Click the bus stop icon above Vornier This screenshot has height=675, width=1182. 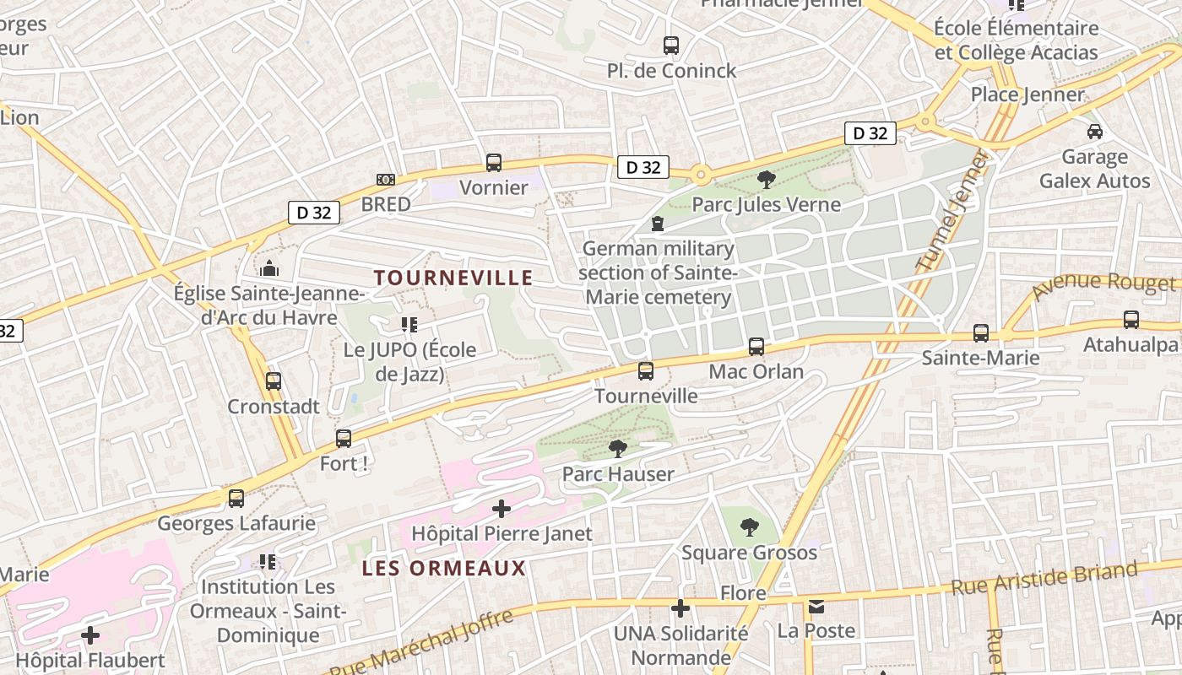(494, 163)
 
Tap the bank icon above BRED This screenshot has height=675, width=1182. (386, 180)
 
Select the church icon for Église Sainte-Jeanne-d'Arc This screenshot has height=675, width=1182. (269, 269)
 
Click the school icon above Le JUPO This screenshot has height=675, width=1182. (409, 325)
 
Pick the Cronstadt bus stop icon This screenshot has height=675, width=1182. (274, 381)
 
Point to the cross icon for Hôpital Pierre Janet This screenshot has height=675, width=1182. (502, 509)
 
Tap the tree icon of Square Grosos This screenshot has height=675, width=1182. (749, 528)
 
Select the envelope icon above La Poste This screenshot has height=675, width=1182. (816, 607)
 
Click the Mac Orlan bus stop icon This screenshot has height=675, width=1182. (756, 347)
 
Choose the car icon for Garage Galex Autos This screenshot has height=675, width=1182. (1095, 132)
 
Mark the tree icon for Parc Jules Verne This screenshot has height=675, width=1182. (767, 179)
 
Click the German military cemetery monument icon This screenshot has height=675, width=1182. (658, 224)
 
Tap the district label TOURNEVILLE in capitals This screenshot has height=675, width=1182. (453, 278)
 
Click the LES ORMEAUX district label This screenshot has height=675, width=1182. (444, 569)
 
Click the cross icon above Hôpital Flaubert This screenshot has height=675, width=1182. (90, 635)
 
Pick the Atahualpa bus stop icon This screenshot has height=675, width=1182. (1131, 320)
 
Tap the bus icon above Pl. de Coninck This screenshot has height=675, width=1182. (671, 46)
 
